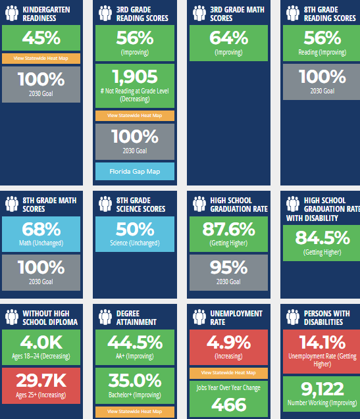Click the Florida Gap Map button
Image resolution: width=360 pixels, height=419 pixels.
[135, 171]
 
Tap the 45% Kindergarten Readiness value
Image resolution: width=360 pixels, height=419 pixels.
[41, 38]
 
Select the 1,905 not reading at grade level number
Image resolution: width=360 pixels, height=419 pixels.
[135, 77]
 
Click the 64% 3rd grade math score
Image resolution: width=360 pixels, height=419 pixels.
[228, 38]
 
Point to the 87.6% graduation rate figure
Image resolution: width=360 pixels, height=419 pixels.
[228, 229]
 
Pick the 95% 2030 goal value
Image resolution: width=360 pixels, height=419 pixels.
[228, 268]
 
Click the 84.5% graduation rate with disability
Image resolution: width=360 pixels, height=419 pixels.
[322, 237]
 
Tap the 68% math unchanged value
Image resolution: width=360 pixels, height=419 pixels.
[41, 229]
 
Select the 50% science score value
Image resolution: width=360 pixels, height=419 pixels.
[135, 229]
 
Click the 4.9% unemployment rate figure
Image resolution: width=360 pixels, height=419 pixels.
[228, 342]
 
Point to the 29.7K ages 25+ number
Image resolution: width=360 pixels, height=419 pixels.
[41, 380]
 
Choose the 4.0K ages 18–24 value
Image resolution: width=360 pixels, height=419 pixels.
[41, 342]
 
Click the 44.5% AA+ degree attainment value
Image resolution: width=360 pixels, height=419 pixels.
[135, 342]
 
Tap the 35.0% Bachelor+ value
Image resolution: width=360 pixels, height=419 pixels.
[135, 380]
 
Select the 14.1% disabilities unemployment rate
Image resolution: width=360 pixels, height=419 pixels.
[322, 342]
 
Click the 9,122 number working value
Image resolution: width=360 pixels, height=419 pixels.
[322, 389]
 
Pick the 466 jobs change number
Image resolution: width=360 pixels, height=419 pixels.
[228, 405]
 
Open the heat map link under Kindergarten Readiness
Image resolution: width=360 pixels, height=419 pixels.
[41, 59]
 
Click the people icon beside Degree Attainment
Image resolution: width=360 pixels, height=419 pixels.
[105, 317]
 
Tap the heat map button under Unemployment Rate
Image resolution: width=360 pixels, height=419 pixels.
[228, 373]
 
